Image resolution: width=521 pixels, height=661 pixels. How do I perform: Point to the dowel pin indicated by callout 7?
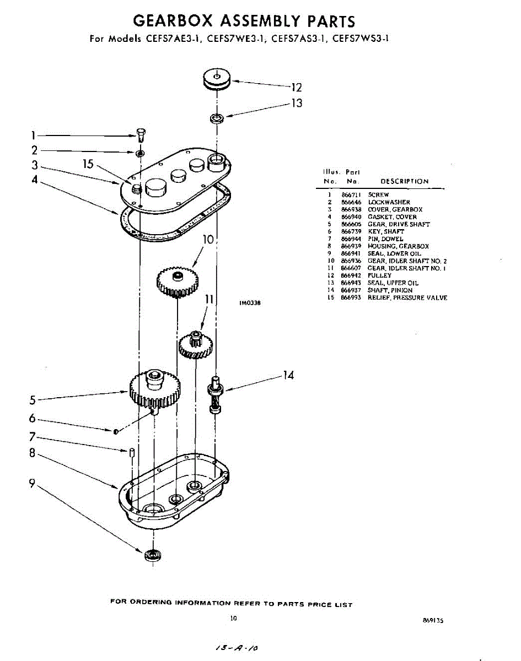pyautogui.click(x=132, y=452)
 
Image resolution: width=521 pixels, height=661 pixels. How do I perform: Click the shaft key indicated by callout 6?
pyautogui.click(x=116, y=431)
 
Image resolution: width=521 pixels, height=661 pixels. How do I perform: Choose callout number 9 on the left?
pyautogui.click(x=33, y=484)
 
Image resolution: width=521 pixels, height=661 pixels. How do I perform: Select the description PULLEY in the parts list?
pyautogui.click(x=379, y=275)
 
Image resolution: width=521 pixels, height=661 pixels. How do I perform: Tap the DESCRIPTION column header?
pyautogui.click(x=404, y=181)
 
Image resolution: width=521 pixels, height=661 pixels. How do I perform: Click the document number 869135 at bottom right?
pyautogui.click(x=433, y=620)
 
